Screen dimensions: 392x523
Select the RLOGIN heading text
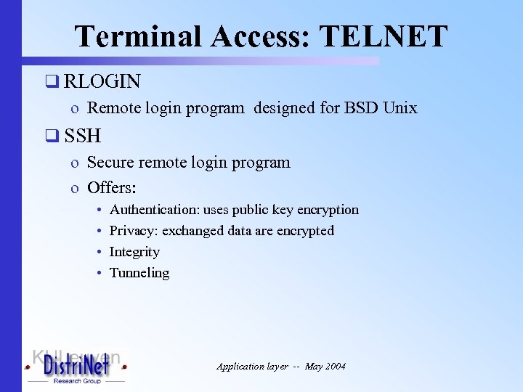[x=102, y=81]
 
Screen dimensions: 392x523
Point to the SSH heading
[x=82, y=135]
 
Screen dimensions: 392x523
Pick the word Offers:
[x=112, y=188]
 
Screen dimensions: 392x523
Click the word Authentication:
[x=153, y=210]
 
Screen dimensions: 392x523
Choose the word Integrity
[x=134, y=252]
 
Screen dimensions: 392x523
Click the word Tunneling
[x=139, y=273]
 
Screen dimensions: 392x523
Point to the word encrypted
[x=306, y=231]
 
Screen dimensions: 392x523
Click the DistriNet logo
[x=76, y=367]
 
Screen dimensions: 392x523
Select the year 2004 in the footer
[x=336, y=367]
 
